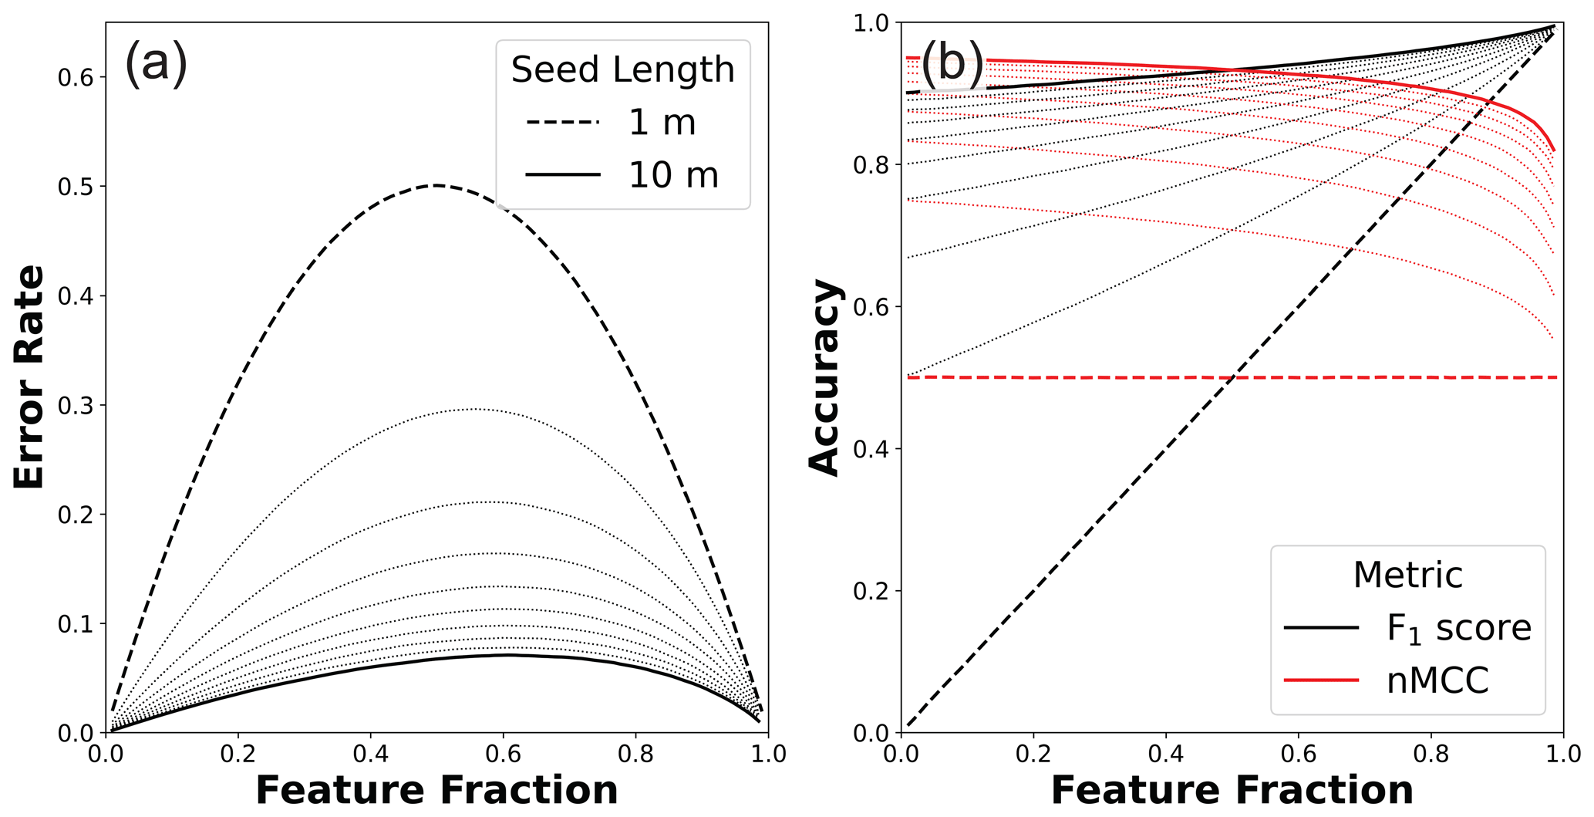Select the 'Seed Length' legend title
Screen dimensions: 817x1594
(x=622, y=70)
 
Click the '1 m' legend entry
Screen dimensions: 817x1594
(x=662, y=123)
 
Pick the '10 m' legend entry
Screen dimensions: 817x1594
(x=673, y=175)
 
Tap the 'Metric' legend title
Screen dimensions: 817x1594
(x=1407, y=576)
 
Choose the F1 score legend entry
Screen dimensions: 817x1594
(x=1458, y=628)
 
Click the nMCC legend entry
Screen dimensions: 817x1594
(x=1437, y=680)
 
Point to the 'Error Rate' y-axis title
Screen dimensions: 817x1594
(x=29, y=377)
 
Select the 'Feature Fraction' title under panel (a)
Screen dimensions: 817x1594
(x=436, y=791)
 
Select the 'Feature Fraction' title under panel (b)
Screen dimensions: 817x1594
(x=1232, y=791)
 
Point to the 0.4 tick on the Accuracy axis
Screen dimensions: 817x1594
(x=871, y=449)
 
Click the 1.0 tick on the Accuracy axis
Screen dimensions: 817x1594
(x=871, y=23)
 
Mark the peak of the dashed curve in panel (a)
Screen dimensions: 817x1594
(x=436, y=185)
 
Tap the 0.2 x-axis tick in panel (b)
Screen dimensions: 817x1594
(x=1033, y=753)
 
